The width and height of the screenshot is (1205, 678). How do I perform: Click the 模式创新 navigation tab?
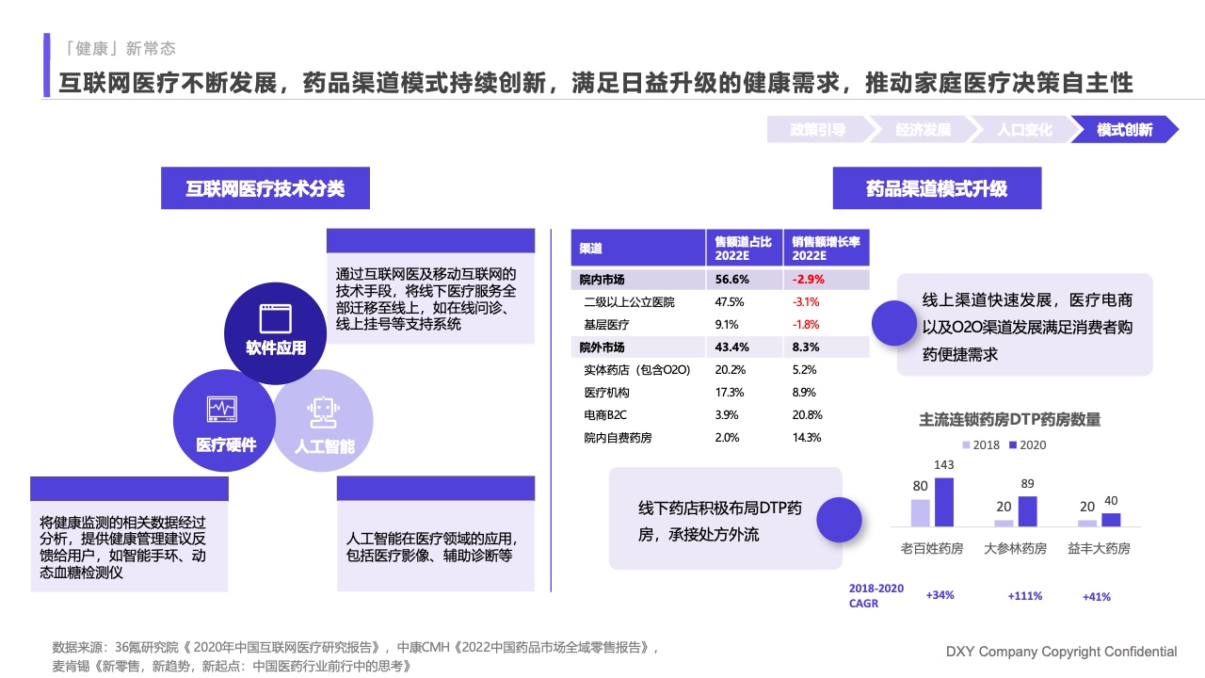coord(1124,130)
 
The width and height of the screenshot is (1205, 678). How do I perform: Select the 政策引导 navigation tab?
coord(817,130)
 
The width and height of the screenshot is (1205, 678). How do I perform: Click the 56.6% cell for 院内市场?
coord(731,280)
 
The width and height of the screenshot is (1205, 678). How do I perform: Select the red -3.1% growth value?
coord(806,302)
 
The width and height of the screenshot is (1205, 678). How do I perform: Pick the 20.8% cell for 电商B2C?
coord(808,415)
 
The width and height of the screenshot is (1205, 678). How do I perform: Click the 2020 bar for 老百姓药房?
coord(944,502)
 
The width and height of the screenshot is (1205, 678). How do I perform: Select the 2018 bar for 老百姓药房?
coord(920,512)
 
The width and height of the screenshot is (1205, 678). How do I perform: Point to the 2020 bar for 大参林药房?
coord(1027,511)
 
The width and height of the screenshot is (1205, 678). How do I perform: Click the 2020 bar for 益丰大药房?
coord(1111,520)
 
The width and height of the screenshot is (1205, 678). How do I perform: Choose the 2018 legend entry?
coord(981,445)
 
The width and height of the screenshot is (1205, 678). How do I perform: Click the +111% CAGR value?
coord(1024,596)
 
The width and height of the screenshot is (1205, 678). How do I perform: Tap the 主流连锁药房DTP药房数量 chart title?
coord(1009,420)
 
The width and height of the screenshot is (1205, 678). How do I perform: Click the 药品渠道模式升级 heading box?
coord(937,188)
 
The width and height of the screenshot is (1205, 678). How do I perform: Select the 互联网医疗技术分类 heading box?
coord(265,188)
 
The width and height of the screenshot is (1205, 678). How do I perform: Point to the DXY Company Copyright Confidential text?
coord(1061,652)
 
